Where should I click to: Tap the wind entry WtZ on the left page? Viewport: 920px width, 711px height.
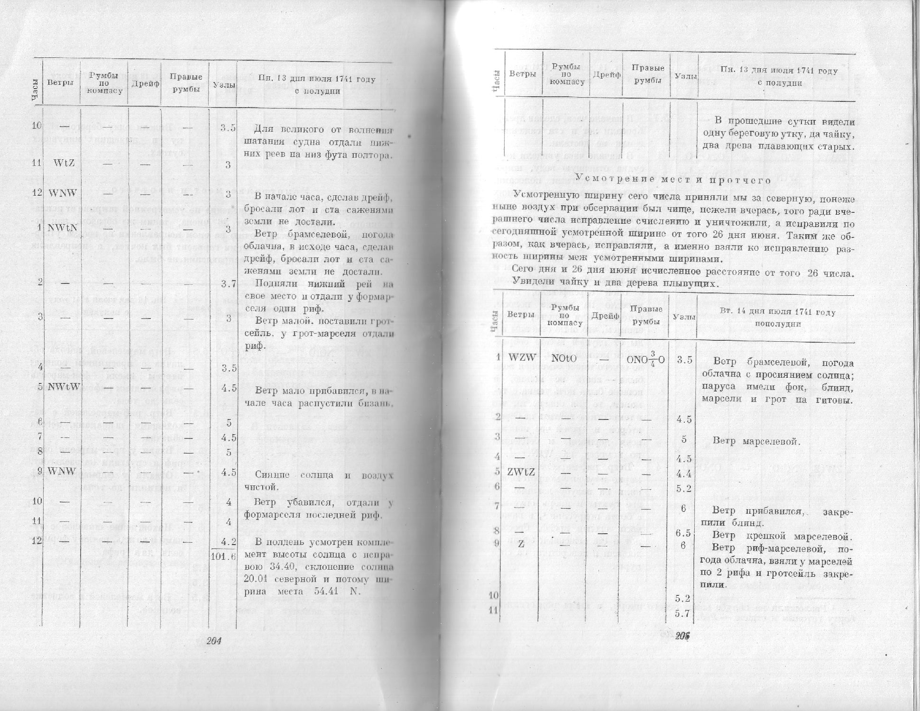point(63,164)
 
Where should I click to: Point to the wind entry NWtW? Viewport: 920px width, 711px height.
point(63,387)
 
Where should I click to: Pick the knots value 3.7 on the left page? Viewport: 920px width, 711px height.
point(228,284)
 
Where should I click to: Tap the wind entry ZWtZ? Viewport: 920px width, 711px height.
point(521,472)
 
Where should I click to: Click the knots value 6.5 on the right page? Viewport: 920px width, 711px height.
point(682,532)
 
